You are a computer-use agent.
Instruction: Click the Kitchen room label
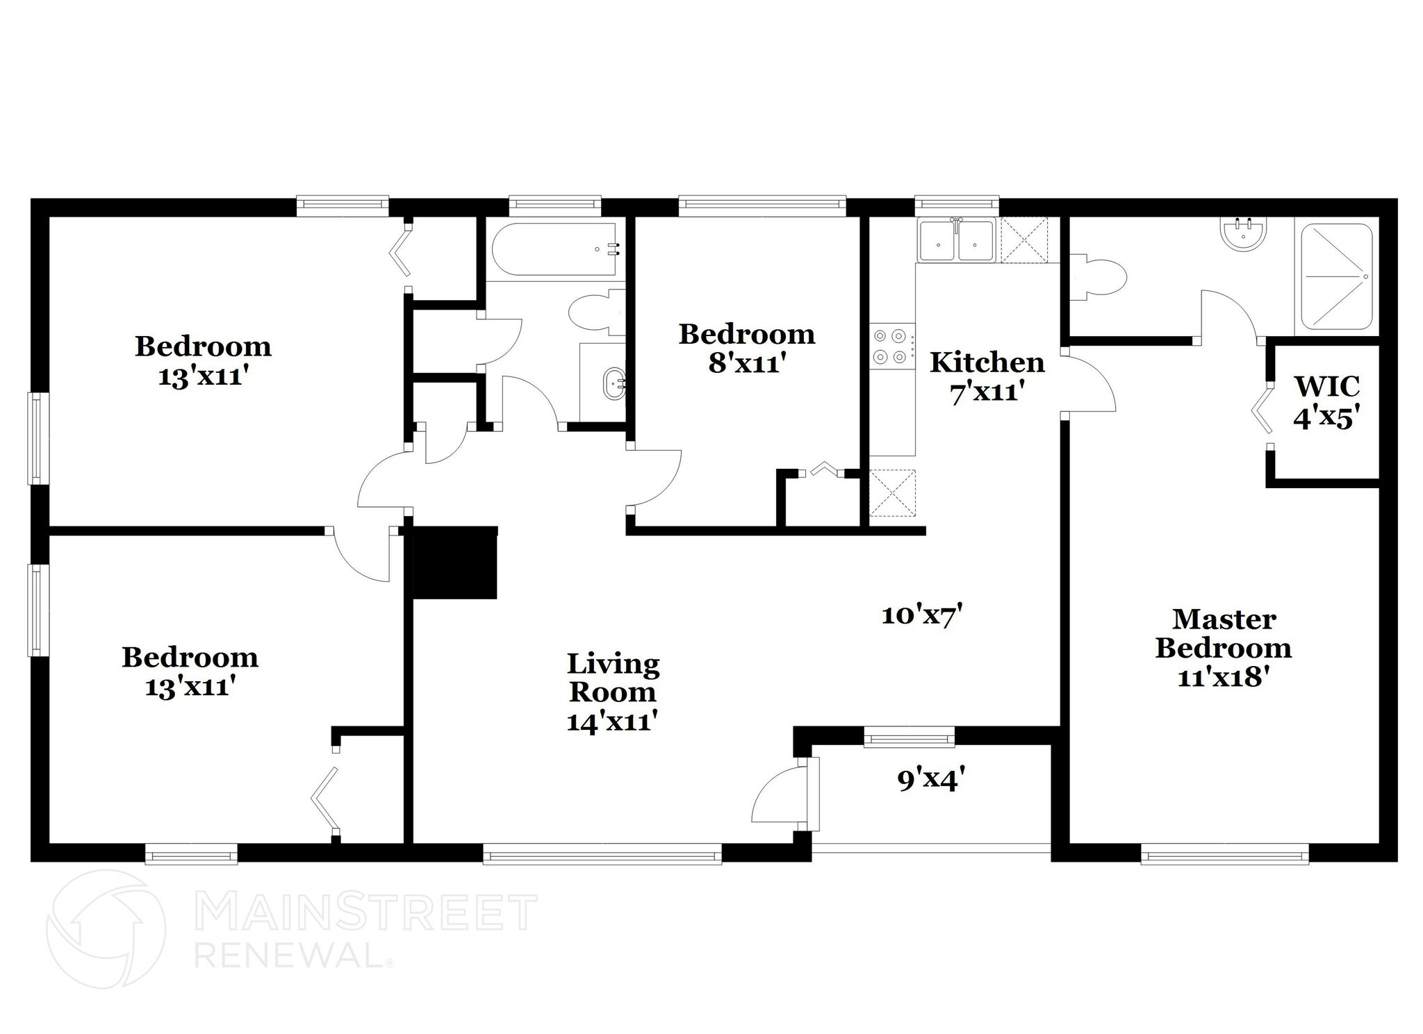click(987, 362)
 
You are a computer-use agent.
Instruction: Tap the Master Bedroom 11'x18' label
click(1223, 647)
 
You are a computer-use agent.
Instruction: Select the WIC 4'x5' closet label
click(1326, 401)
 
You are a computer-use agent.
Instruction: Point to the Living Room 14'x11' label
click(613, 692)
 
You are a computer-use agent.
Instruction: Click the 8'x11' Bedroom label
click(747, 349)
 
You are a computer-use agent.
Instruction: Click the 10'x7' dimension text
click(921, 615)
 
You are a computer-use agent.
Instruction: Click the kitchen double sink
click(955, 240)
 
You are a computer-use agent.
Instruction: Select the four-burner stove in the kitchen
click(890, 346)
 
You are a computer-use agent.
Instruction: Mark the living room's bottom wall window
click(602, 853)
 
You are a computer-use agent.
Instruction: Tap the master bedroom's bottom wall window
click(1224, 853)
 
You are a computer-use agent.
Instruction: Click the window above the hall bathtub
click(554, 203)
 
